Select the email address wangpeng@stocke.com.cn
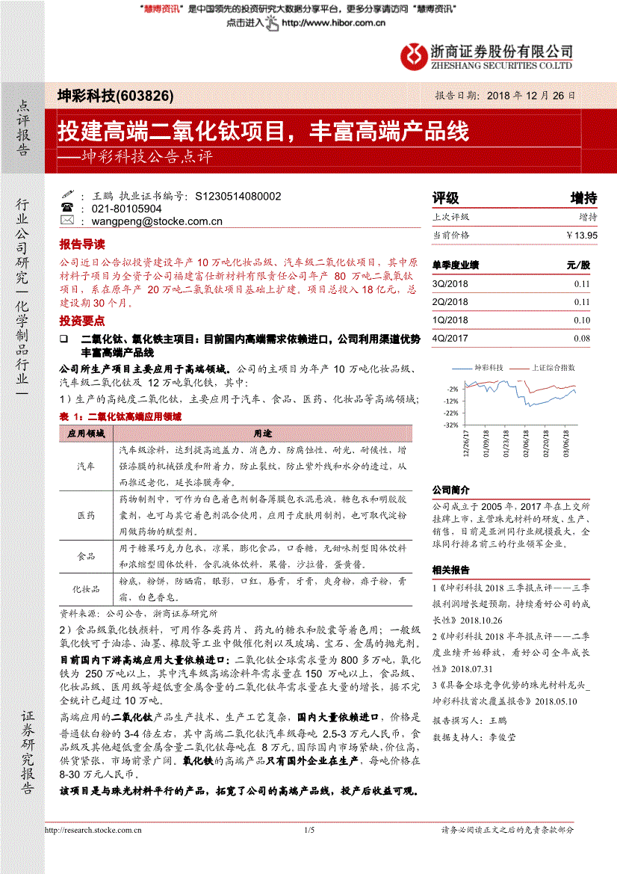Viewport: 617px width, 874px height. [156, 221]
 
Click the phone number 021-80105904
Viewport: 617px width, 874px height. [126, 209]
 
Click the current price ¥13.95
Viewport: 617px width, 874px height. [582, 235]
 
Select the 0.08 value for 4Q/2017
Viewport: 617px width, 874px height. [582, 338]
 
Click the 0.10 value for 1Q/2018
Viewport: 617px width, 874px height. [582, 320]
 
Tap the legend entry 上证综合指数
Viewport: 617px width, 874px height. [553, 368]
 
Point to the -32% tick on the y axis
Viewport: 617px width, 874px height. [450, 425]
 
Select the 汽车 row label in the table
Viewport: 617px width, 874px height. [86, 466]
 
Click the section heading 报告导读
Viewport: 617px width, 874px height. [82, 244]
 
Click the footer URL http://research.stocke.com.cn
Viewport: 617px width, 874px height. [89, 831]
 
